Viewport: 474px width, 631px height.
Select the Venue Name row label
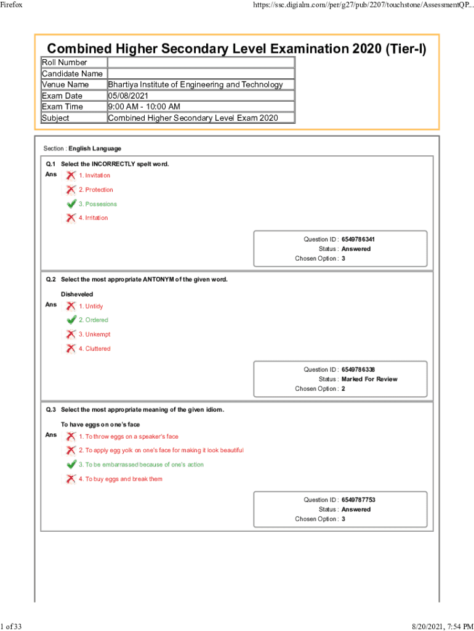(65, 84)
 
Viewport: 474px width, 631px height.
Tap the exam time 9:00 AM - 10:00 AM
(144, 107)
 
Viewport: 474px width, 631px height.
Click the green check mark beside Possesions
(71, 204)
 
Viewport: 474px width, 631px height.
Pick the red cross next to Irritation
(71, 218)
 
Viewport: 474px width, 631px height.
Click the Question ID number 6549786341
(358, 239)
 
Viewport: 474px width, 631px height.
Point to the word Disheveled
(77, 295)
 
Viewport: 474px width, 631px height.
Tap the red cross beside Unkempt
(71, 335)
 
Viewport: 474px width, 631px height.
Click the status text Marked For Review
(369, 379)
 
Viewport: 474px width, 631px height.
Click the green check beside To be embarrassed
(71, 465)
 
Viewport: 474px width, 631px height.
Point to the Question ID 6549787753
(358, 500)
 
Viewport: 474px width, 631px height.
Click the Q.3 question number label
(51, 410)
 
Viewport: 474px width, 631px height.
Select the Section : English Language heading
(82, 149)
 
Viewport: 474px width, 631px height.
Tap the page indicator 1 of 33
(12, 627)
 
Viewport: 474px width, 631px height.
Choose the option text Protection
(98, 190)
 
